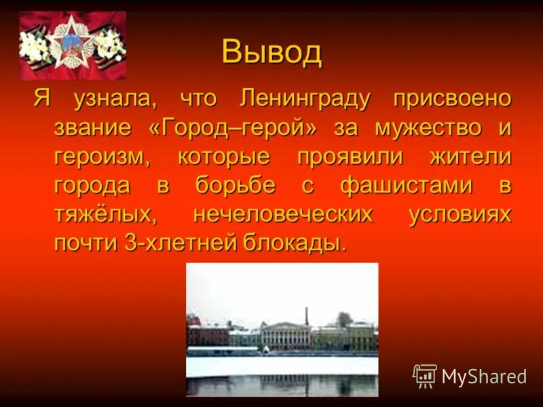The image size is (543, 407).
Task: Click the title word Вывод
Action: tap(271, 52)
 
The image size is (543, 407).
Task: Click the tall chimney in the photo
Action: tap(306, 315)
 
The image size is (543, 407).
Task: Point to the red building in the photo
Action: tap(208, 334)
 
